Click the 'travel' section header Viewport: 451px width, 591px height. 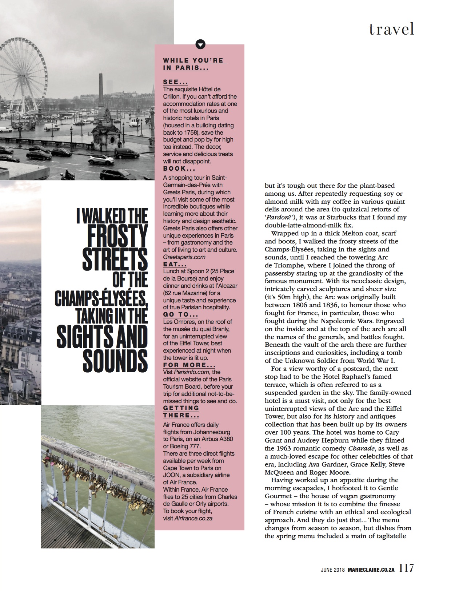(x=391, y=29)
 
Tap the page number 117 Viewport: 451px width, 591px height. (x=407, y=568)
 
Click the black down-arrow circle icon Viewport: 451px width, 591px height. (x=200, y=44)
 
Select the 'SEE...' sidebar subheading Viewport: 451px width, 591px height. (x=175, y=82)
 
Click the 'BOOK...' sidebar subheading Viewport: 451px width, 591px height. (x=179, y=169)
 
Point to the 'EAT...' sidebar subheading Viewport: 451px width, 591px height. (x=175, y=265)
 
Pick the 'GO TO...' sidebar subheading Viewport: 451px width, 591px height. (x=180, y=315)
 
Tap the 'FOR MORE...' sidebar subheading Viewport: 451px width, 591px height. (x=189, y=365)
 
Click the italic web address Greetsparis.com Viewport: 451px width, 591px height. (x=184, y=257)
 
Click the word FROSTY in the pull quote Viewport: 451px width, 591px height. (x=117, y=237)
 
